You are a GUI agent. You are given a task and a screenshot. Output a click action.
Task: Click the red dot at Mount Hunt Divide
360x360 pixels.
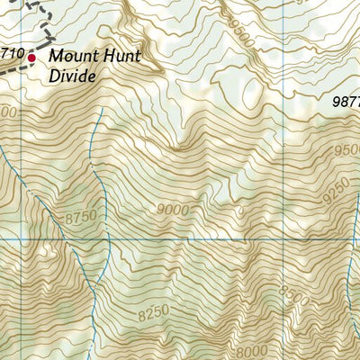point(31,58)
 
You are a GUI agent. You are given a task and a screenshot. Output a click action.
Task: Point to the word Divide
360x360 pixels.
point(72,77)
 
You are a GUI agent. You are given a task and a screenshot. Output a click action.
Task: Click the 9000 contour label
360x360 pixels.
point(172,210)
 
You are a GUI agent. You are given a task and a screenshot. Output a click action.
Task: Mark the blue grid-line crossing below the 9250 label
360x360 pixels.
point(286,240)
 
